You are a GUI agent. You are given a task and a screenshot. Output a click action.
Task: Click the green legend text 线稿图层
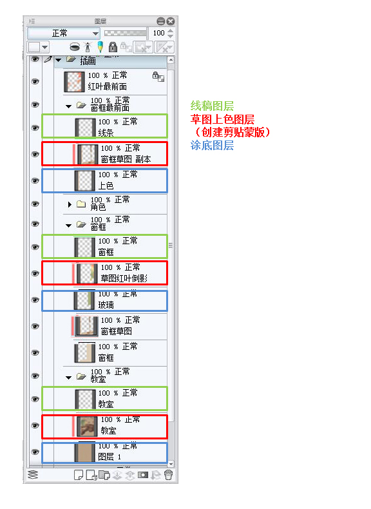point(212,106)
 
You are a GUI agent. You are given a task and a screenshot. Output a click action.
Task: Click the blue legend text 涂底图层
point(212,145)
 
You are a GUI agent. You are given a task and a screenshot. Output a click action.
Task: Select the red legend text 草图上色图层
point(222,119)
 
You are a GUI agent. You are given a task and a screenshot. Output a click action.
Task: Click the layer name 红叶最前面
point(107,86)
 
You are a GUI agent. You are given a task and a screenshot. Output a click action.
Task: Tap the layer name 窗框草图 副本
point(126,159)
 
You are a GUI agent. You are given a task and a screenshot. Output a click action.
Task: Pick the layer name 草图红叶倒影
point(124,278)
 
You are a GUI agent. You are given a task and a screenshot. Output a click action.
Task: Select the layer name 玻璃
point(106,305)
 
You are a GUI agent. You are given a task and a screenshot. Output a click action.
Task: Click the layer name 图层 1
point(109,457)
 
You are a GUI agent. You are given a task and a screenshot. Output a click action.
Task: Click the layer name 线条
point(106,133)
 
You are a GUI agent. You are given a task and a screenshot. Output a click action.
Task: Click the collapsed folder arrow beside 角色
point(69,204)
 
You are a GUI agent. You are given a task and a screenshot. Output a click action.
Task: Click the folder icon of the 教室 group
point(81,376)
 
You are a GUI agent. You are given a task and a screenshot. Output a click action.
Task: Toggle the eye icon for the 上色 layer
point(35,180)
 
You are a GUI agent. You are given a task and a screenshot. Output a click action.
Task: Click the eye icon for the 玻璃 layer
point(35,300)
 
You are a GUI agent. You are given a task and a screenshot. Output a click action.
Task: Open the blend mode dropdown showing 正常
point(63,33)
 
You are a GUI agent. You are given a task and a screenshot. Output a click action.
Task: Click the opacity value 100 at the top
point(158,33)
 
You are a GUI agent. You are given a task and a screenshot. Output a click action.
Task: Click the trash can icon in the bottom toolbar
point(168,475)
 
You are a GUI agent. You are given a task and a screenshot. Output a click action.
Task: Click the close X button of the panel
point(171,21)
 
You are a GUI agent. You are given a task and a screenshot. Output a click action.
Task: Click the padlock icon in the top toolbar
point(113,47)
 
